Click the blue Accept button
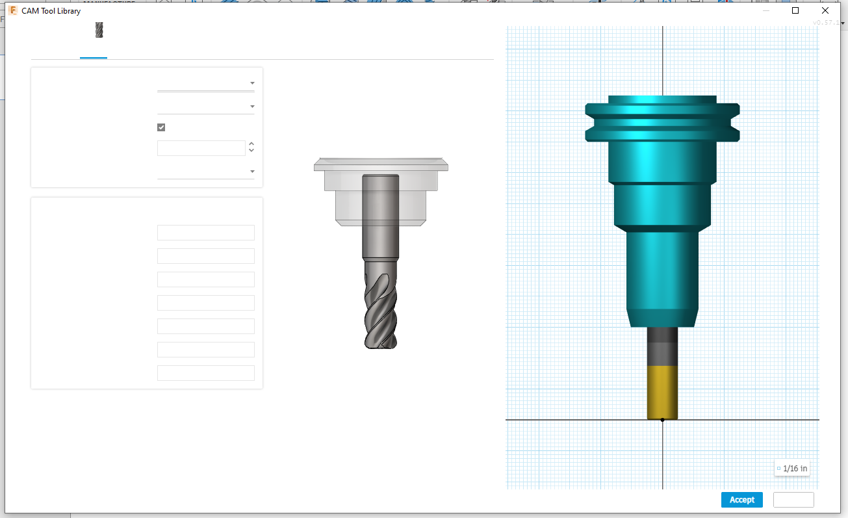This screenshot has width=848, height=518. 741,500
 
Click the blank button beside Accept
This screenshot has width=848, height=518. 793,500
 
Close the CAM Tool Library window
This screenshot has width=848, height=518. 825,11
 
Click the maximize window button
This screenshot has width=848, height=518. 795,11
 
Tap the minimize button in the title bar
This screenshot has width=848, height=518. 766,11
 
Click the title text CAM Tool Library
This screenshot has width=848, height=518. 51,11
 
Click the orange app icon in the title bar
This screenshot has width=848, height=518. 13,11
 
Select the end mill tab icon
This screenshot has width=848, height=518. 99,30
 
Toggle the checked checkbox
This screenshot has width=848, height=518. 161,127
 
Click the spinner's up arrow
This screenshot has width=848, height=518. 251,144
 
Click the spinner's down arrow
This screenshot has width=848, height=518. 251,151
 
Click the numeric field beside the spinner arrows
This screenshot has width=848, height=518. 201,148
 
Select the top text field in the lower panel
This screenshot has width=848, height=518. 205,233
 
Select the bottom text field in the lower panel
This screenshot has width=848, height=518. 205,373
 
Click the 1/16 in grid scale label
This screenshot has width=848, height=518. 792,468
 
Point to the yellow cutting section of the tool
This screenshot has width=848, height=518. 662,392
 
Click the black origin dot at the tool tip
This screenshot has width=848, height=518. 662,420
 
